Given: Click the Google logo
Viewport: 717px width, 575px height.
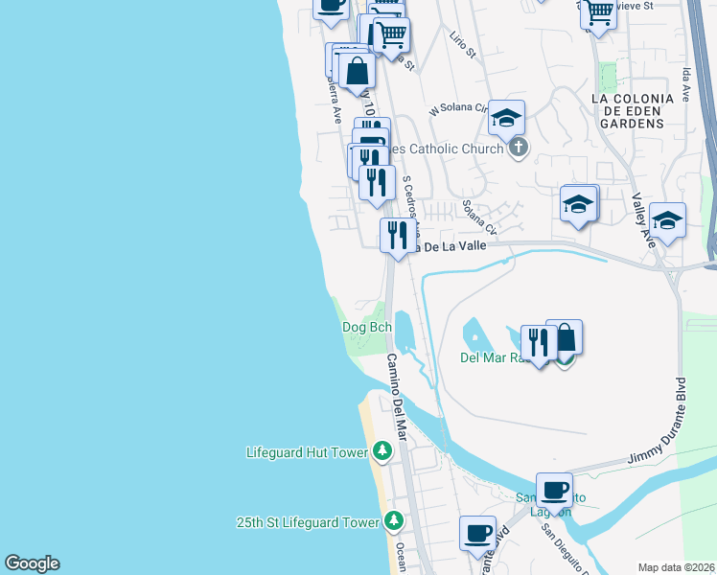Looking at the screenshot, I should [x=33, y=563].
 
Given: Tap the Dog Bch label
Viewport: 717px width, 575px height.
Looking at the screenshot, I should [x=367, y=327].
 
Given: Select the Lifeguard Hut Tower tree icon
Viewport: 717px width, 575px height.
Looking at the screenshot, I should [x=382, y=450].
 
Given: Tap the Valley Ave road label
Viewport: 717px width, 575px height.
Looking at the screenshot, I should [x=643, y=220].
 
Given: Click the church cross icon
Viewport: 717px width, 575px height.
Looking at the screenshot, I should [x=518, y=148].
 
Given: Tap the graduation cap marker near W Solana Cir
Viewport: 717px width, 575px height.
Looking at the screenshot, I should [x=506, y=118].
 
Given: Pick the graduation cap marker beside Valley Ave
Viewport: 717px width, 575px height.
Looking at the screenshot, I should [x=667, y=220].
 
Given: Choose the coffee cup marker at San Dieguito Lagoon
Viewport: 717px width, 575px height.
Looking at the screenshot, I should [x=554, y=490].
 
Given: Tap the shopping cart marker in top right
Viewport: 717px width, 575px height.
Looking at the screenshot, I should [x=598, y=13].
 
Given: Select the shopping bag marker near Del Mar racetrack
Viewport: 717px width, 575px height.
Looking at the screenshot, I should [x=565, y=337].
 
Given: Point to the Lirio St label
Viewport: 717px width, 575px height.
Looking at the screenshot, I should [x=462, y=44].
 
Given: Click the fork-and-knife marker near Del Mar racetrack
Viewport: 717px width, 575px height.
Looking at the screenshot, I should [x=539, y=343].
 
